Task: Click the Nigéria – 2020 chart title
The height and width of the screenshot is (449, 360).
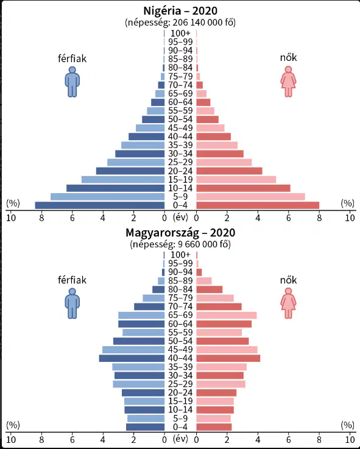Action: click(180, 11)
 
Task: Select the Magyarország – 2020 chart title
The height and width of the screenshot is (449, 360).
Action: click(180, 233)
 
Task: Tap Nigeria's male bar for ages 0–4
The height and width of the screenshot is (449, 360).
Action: click(100, 205)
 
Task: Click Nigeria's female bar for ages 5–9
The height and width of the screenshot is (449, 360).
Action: click(250, 197)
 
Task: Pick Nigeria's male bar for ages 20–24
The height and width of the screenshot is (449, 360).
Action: click(130, 171)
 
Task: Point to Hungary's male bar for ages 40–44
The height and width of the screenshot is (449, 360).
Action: click(132, 358)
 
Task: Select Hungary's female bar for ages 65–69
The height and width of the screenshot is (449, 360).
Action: click(227, 315)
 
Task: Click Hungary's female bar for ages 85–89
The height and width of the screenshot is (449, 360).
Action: click(204, 281)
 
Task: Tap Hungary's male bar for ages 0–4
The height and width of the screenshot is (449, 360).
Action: click(145, 427)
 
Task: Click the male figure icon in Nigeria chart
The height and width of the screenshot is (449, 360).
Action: click(72, 82)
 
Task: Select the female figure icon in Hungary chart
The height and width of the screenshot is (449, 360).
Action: click(288, 303)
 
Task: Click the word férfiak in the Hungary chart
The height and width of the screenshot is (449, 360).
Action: click(72, 280)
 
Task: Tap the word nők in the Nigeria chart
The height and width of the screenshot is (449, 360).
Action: click(288, 57)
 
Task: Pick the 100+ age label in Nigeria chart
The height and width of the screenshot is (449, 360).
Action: click(180, 34)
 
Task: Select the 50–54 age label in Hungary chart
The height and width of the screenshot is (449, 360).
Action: click(180, 341)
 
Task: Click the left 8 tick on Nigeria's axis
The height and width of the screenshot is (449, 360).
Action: click(41, 218)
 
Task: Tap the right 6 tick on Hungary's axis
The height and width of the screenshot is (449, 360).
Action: click(288, 439)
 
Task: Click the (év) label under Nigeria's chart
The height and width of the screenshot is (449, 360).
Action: click(180, 217)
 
